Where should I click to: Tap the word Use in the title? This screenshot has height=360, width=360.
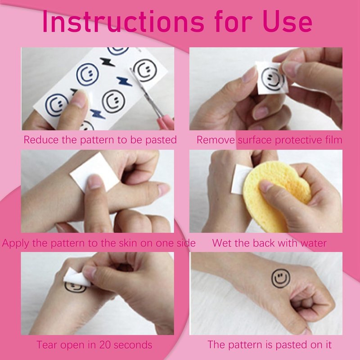point(288,22)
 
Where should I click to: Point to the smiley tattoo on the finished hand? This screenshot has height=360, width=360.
point(280,278)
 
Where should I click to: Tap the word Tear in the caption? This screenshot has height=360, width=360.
point(45,345)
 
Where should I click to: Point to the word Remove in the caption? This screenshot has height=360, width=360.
point(216,140)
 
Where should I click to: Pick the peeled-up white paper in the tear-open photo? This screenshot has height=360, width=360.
point(75,278)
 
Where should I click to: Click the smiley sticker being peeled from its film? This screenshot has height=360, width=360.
point(272,77)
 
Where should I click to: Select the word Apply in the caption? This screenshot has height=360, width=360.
point(16,243)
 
